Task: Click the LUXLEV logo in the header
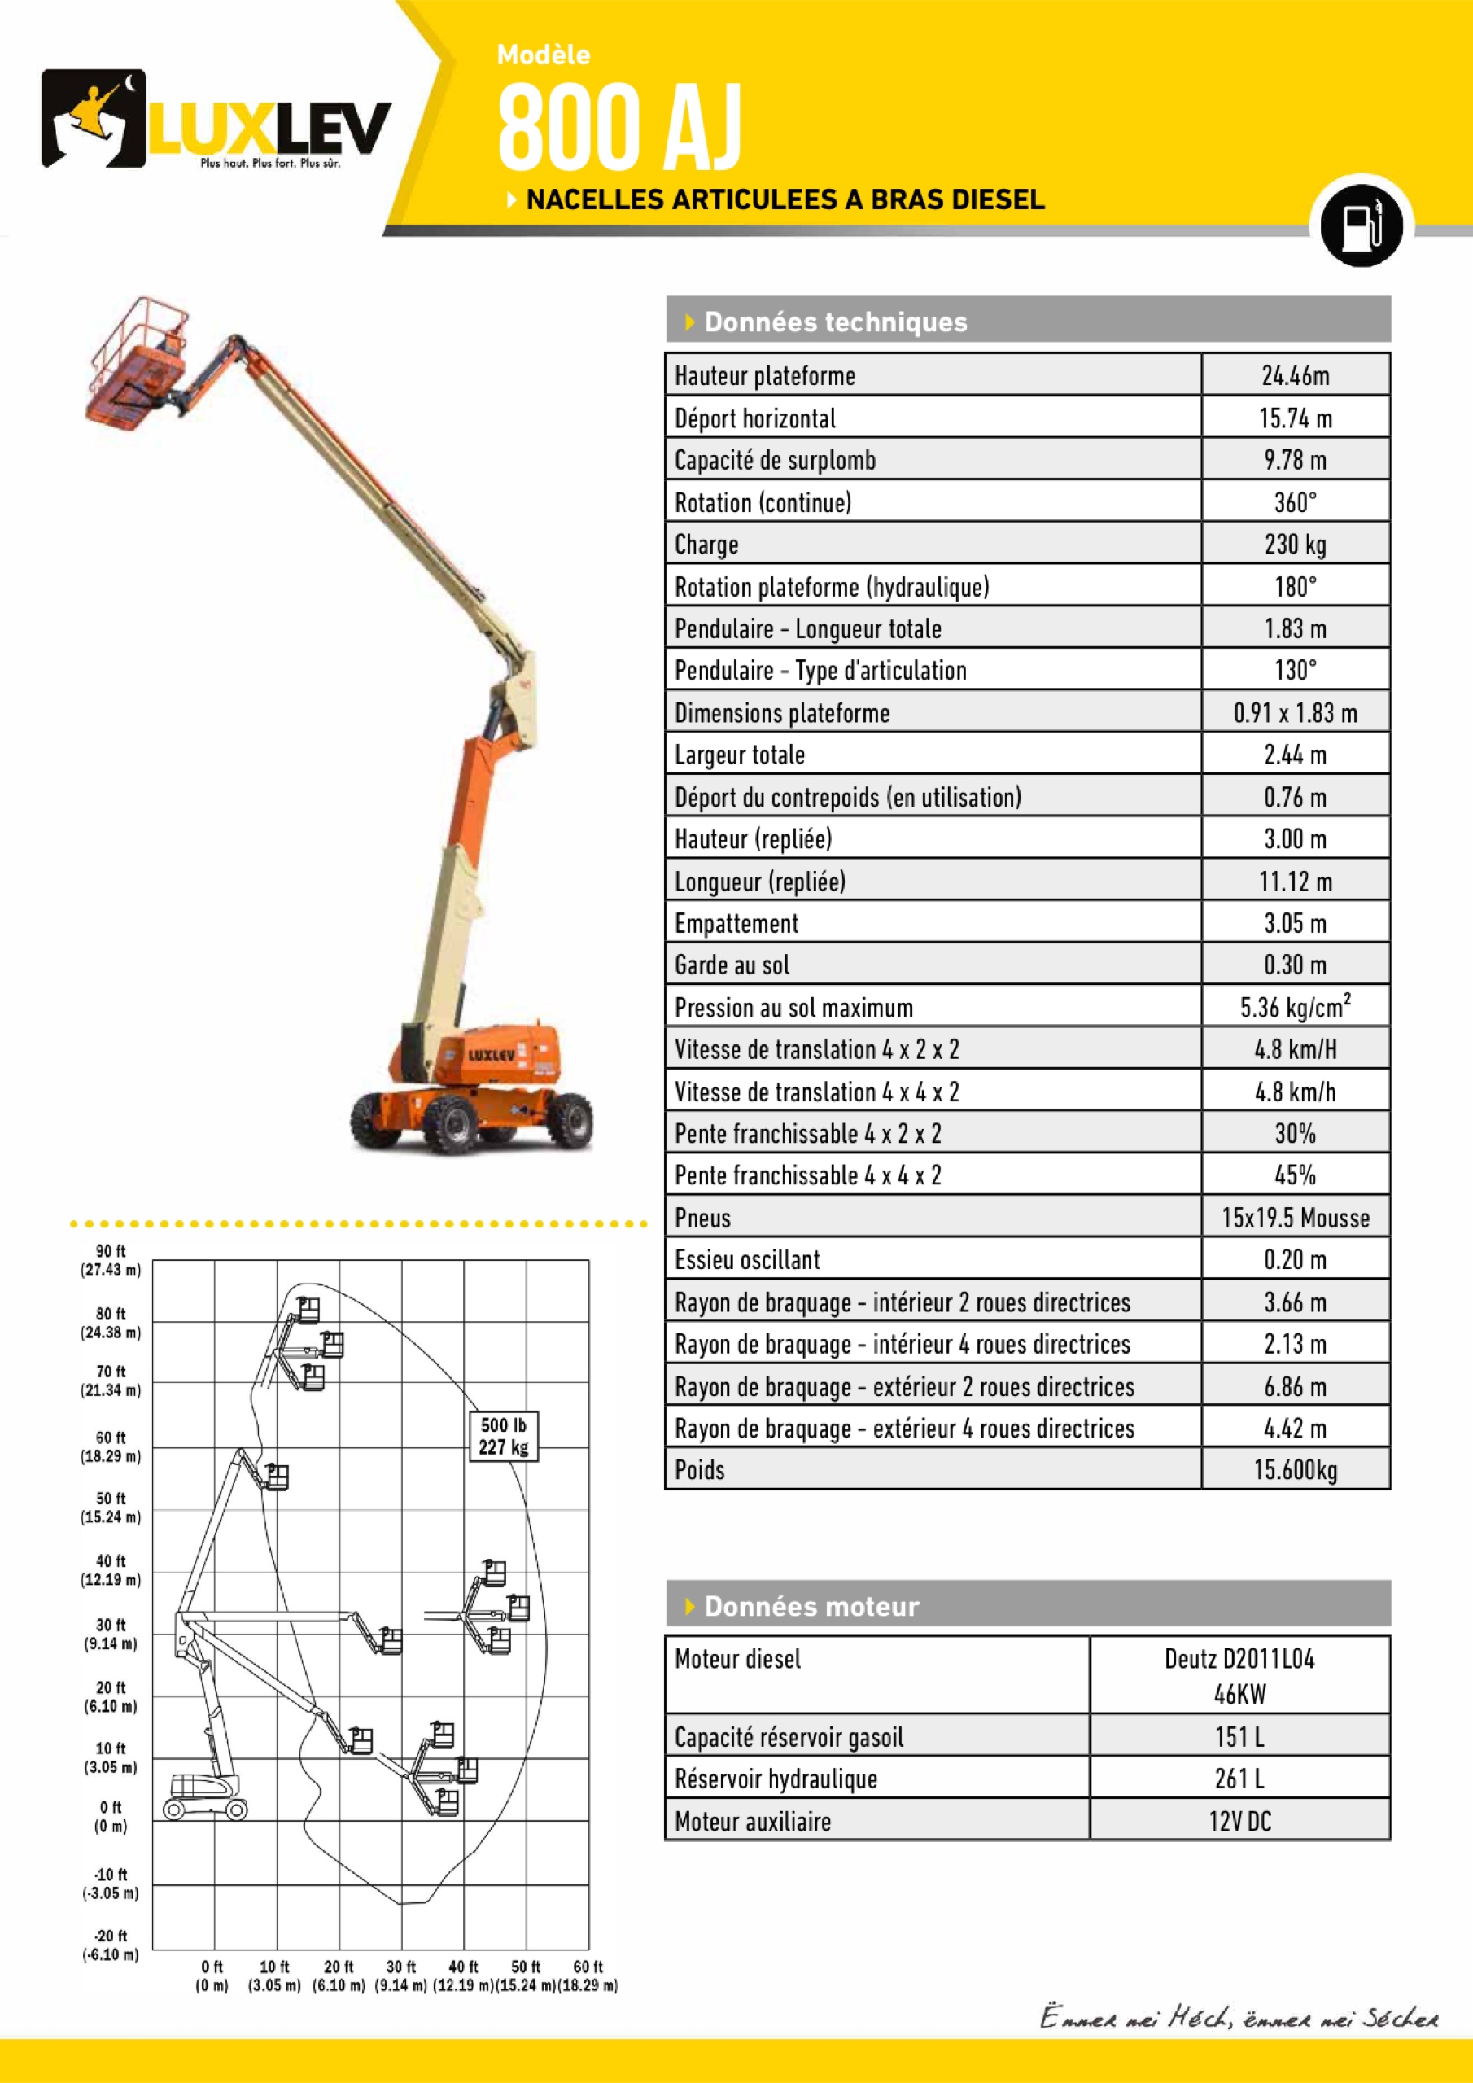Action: coord(216,120)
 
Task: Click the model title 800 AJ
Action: coord(619,127)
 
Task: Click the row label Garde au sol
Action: coord(732,965)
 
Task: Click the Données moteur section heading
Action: coord(811,1607)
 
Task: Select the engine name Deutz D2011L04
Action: coord(1239,1660)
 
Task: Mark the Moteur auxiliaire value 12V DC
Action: coord(1239,1821)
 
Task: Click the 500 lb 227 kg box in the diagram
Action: coord(504,1436)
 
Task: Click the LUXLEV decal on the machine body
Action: coord(491,1055)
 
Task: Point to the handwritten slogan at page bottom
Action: coord(1238,2018)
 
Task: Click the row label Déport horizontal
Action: coord(755,418)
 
